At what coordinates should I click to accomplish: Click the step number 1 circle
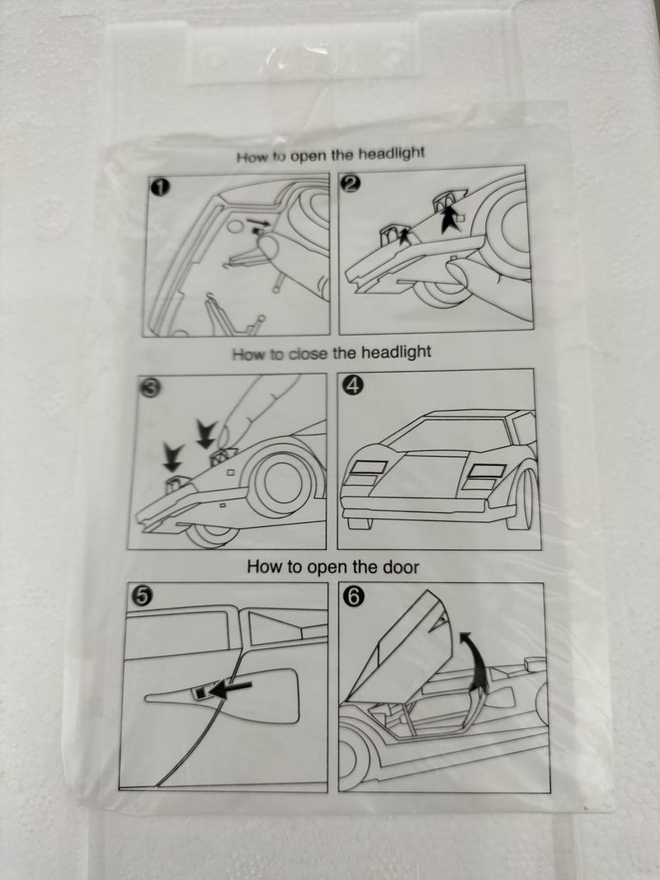pyautogui.click(x=160, y=187)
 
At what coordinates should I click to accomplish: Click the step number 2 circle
pyautogui.click(x=350, y=184)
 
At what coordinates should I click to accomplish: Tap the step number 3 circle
pyautogui.click(x=148, y=388)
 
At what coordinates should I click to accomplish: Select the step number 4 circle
pyautogui.click(x=355, y=384)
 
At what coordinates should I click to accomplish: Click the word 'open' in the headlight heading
pyautogui.click(x=308, y=155)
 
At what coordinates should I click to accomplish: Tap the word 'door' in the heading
pyautogui.click(x=401, y=567)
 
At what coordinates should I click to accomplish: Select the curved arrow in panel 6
pyautogui.click(x=477, y=661)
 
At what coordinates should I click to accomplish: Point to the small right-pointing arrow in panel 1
pyautogui.click(x=257, y=223)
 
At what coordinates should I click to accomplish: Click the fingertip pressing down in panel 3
pyautogui.click(x=225, y=436)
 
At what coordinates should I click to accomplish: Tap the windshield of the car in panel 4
pyautogui.click(x=447, y=435)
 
